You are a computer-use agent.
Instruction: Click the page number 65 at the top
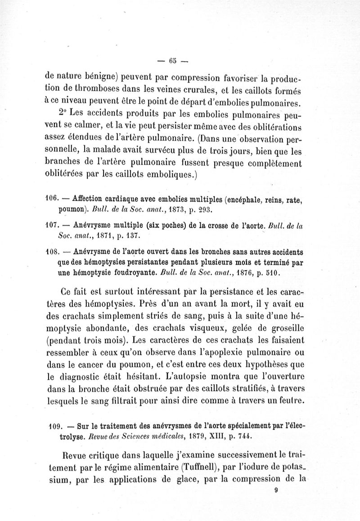tap(171, 62)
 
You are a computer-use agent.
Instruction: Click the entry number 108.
tap(52, 250)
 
